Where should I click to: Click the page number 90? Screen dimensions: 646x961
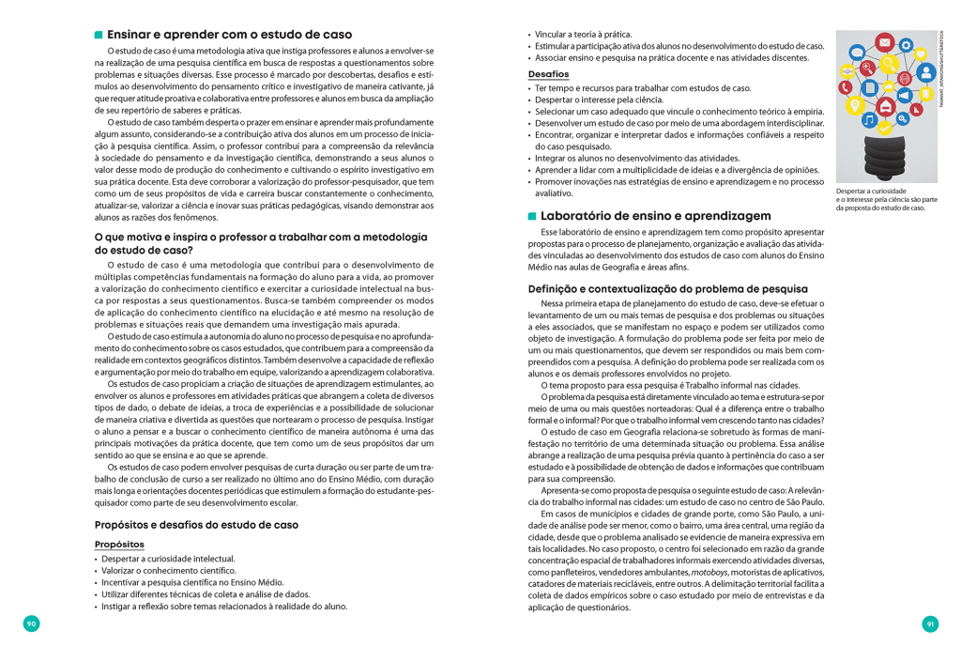click(31, 623)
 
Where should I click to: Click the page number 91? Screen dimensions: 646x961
click(930, 623)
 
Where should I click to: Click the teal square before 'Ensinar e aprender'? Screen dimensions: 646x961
click(99, 35)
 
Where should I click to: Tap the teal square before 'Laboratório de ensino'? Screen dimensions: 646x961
click(532, 216)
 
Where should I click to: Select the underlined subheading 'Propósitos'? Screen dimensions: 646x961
click(119, 545)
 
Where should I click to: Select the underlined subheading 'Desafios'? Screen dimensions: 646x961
click(548, 74)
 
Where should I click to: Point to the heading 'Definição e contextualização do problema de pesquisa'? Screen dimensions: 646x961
click(667, 288)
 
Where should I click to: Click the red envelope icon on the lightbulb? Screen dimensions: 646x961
click(883, 42)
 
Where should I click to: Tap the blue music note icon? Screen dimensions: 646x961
click(869, 121)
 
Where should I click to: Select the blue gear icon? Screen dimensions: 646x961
click(906, 44)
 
